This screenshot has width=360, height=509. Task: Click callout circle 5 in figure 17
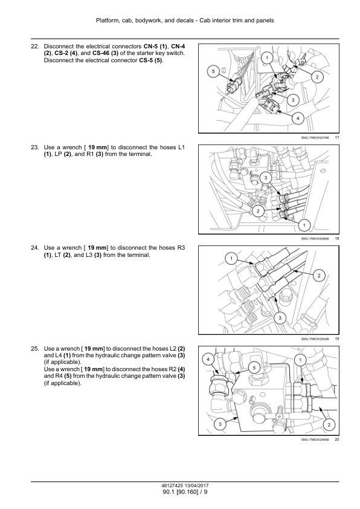point(213,71)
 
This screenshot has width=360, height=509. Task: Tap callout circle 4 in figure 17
point(298,118)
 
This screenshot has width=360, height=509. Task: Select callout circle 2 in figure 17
point(317,77)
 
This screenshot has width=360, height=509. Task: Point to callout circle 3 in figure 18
point(266,178)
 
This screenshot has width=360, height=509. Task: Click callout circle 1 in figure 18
point(304,225)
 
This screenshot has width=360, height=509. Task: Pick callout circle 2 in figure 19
point(319,276)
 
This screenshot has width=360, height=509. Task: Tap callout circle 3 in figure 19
point(280,318)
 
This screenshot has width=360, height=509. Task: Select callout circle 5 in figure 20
point(254,368)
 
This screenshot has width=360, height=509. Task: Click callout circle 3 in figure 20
point(220,424)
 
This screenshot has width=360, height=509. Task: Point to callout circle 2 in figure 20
point(329,424)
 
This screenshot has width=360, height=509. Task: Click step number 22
point(34,47)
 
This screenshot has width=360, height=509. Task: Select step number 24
point(34,248)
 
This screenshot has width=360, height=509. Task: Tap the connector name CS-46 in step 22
point(100,53)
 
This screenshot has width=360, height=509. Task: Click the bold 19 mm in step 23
point(97,148)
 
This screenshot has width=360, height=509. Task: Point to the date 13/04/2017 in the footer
point(196,486)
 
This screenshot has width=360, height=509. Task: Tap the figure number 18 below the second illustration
point(336,239)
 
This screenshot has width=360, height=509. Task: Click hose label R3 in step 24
point(181,248)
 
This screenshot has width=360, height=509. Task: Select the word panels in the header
point(265,21)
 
